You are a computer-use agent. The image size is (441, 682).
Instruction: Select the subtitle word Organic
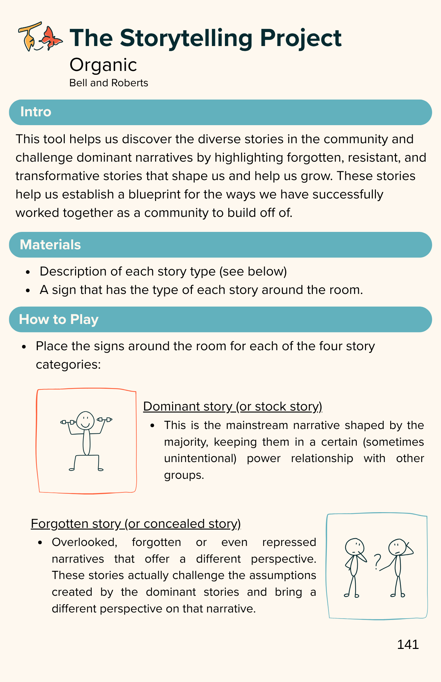pyautogui.click(x=103, y=65)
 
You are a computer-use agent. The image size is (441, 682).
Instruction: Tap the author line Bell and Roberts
pyautogui.click(x=108, y=83)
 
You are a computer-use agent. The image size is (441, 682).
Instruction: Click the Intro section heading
pyautogui.click(x=35, y=112)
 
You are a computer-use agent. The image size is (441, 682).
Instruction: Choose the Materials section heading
pyautogui.click(x=50, y=245)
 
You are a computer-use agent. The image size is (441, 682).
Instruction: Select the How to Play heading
pyautogui.click(x=59, y=320)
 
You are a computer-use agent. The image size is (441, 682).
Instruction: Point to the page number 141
pyautogui.click(x=408, y=644)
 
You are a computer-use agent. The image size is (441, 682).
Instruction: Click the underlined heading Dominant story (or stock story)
pyautogui.click(x=232, y=406)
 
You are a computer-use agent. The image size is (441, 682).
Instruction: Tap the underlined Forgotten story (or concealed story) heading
pyautogui.click(x=136, y=523)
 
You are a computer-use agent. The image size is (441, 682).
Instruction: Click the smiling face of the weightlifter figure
pyautogui.click(x=85, y=420)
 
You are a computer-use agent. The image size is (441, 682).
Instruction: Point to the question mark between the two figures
pyautogui.click(x=377, y=562)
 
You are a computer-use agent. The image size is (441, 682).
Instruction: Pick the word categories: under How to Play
pyautogui.click(x=68, y=365)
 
